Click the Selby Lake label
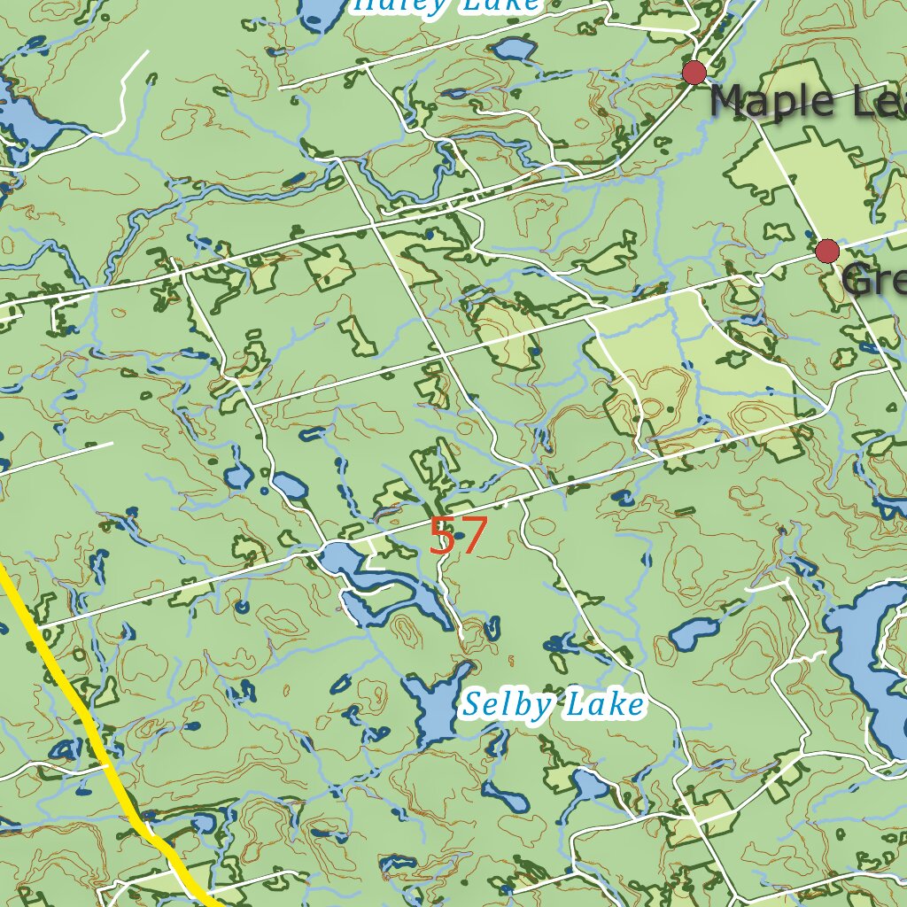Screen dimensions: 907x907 pyautogui.click(x=554, y=706)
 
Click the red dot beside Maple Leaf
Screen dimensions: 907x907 pyautogui.click(x=694, y=73)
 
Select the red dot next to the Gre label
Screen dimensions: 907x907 pyautogui.click(x=827, y=252)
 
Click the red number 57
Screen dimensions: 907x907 pyautogui.click(x=458, y=536)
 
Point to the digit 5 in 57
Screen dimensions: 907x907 pyautogui.click(x=442, y=536)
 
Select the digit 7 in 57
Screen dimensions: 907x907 pyautogui.click(x=474, y=536)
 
